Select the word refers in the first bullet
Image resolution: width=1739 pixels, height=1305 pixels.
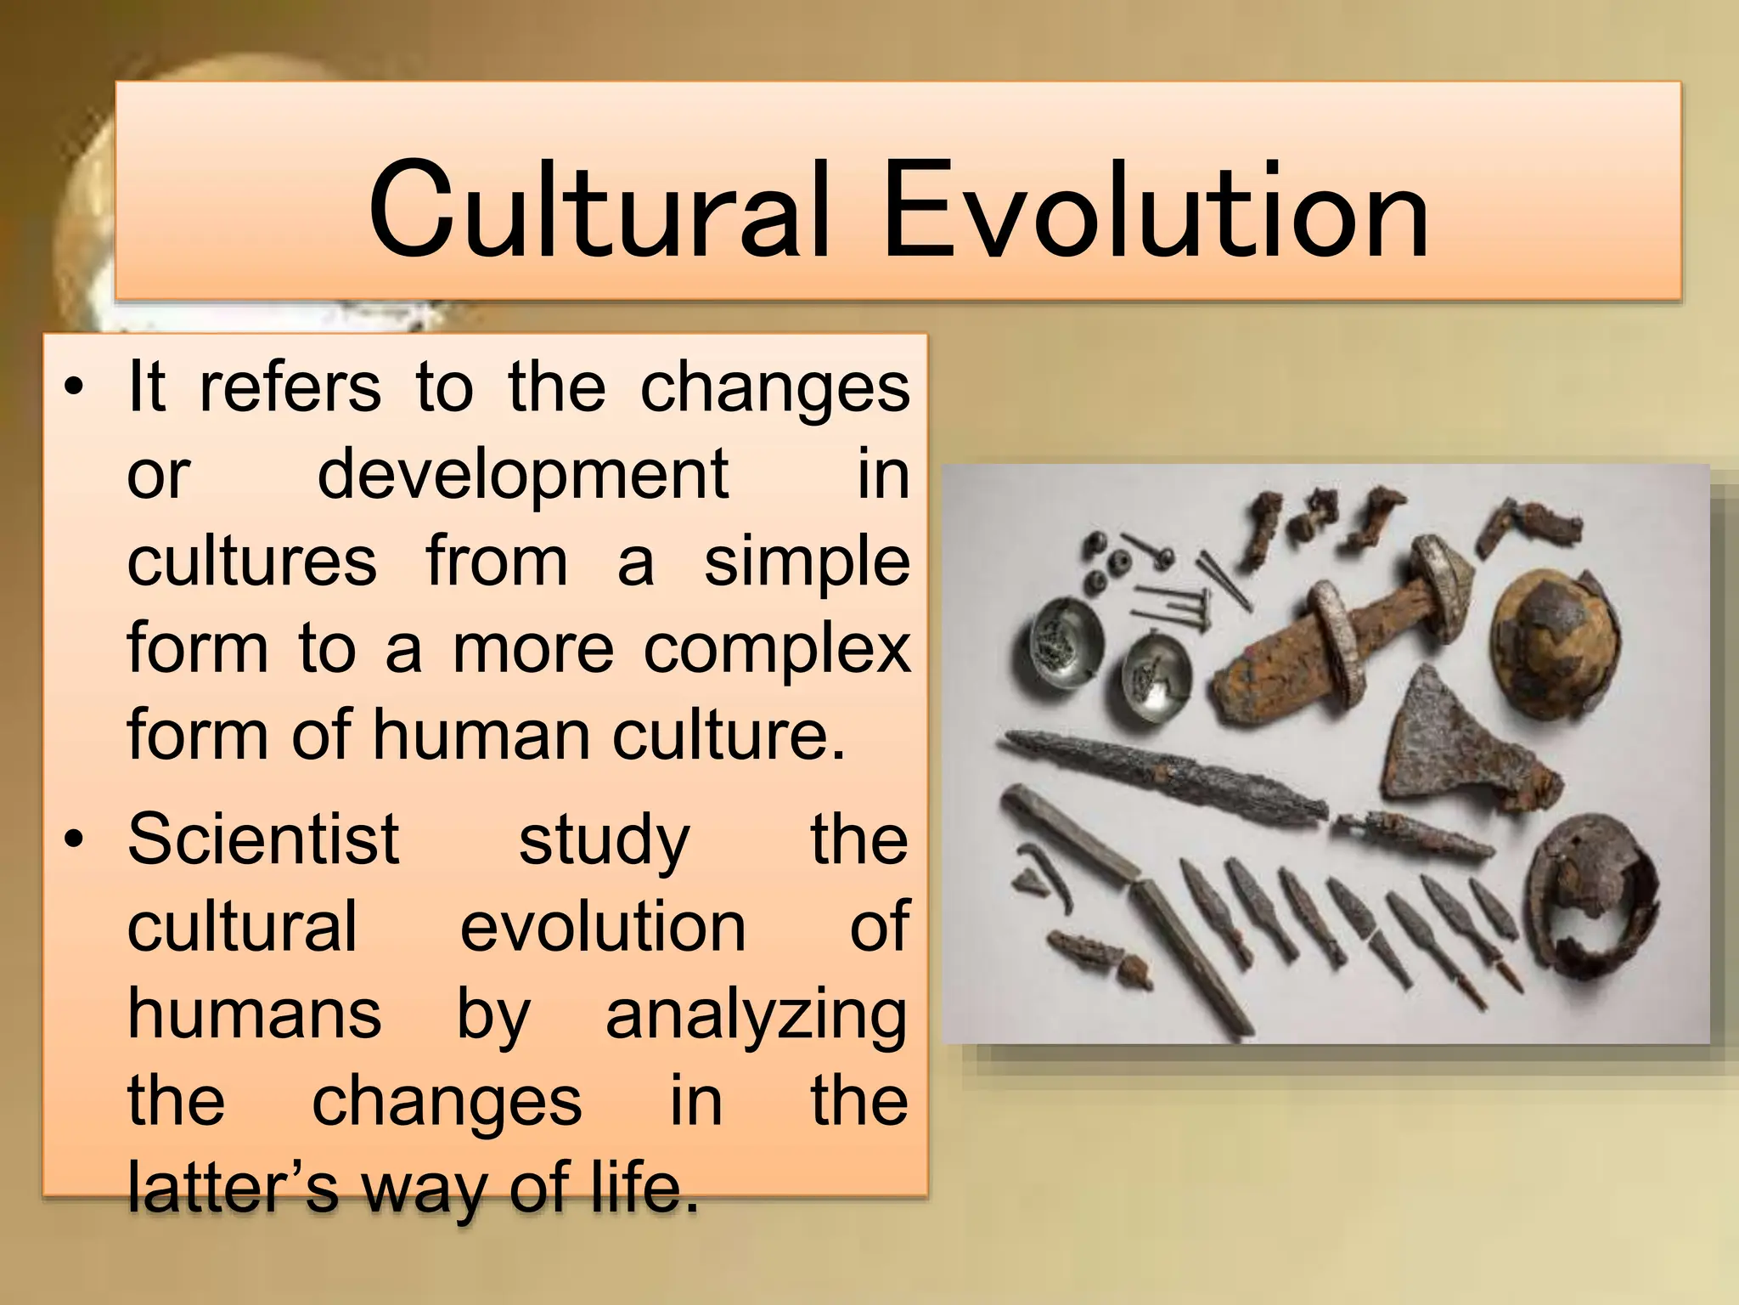[x=290, y=387]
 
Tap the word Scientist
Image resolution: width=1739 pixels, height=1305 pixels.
[x=263, y=839]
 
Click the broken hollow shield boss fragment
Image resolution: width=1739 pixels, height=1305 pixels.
[x=1596, y=901]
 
